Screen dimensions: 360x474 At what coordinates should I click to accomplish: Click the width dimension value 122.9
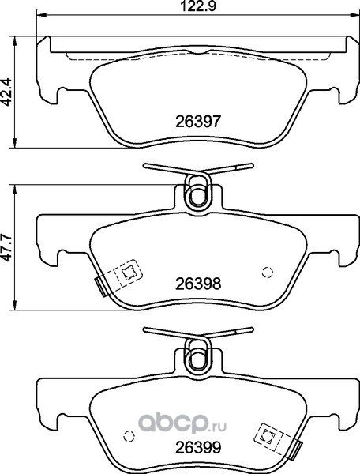[198, 6]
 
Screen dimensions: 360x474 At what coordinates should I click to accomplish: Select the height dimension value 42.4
[6, 92]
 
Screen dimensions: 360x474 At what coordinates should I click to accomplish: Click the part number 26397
[198, 122]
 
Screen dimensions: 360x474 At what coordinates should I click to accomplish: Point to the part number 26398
[198, 284]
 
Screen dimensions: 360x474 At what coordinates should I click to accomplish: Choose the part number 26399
[198, 447]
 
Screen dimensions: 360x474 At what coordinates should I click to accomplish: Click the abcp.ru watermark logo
[182, 423]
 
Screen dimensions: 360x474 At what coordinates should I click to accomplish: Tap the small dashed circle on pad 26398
[268, 273]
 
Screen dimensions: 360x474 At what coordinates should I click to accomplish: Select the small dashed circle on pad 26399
[129, 435]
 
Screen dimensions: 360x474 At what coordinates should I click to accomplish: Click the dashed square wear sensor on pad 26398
[128, 273]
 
